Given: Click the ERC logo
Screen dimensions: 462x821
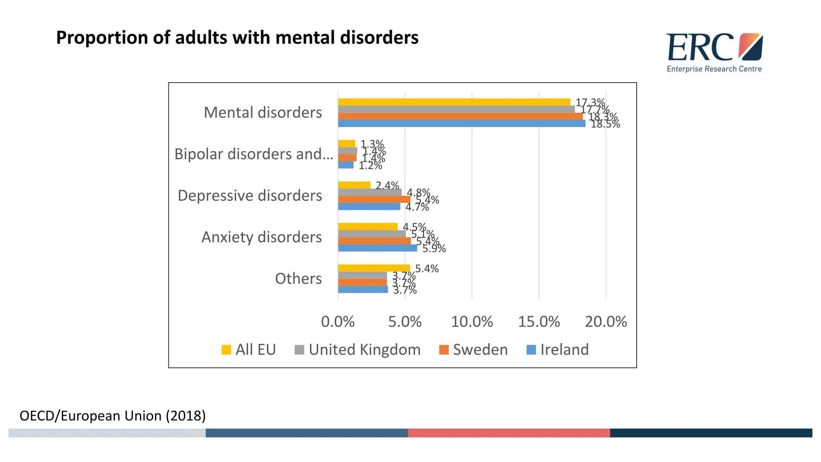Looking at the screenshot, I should tap(714, 48).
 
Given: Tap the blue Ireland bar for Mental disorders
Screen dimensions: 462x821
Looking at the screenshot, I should tap(461, 124).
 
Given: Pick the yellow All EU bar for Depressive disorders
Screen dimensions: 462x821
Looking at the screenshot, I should tap(354, 185).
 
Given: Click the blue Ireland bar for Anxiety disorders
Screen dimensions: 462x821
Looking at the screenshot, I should tap(377, 248).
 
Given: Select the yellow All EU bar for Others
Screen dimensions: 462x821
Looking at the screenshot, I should tap(374, 268).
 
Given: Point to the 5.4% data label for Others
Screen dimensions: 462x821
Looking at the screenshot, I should tap(427, 269).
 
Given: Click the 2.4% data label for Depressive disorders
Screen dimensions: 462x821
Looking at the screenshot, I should tap(387, 186).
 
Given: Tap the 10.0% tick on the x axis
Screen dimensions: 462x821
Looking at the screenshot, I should tap(472, 322).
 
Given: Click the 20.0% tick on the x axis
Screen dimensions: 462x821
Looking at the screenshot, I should tap(606, 322).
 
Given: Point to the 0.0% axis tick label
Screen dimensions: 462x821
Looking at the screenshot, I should tap(338, 322).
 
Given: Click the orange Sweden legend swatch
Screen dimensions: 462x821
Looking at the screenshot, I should tap(444, 350).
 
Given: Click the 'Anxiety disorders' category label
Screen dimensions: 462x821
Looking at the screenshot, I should tap(261, 237).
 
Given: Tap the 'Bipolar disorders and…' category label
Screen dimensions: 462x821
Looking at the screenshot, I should tap(253, 154).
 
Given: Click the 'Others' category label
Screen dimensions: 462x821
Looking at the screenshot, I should tap(298, 279).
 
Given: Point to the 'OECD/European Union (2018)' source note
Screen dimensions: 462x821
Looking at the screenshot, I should tap(113, 416).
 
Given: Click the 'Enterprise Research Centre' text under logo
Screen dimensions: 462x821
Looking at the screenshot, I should tap(714, 69).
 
